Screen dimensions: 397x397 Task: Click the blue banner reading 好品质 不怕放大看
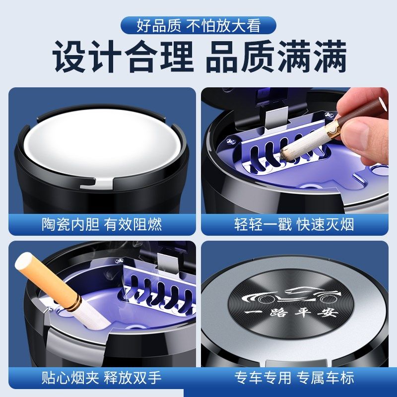point(198,25)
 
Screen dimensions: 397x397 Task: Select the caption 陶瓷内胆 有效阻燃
point(102,224)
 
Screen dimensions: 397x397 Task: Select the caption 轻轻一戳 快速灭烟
point(294,224)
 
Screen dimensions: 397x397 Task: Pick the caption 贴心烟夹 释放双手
point(102,378)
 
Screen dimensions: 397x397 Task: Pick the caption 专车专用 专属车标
point(294,378)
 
